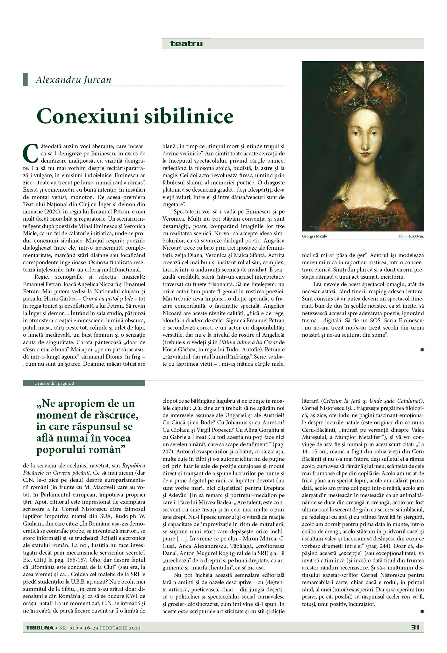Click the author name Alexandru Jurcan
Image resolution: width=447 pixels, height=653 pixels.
[x=73, y=79]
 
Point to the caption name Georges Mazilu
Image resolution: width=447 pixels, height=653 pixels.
[x=314, y=237]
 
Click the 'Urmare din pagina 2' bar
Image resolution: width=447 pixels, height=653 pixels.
[x=84, y=384]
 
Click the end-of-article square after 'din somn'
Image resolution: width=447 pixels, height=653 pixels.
[x=422, y=350]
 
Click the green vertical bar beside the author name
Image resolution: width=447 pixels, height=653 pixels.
[x=25, y=79]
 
